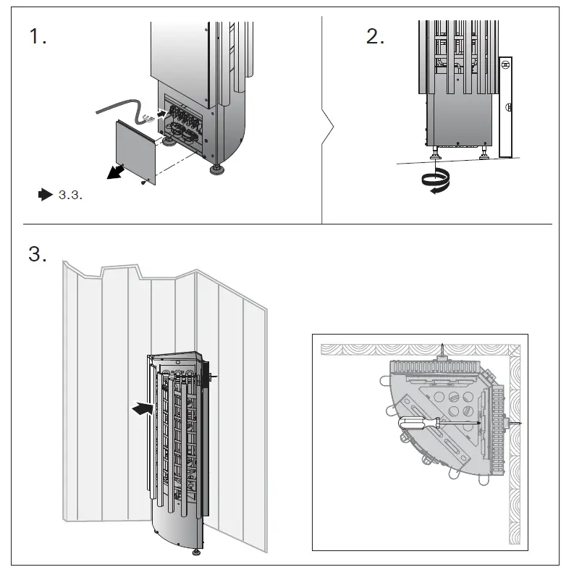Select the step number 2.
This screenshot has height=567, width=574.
(375, 37)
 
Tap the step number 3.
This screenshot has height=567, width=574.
(38, 254)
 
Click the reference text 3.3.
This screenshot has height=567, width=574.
(70, 195)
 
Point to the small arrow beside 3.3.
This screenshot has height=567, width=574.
(45, 194)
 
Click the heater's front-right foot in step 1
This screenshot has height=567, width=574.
(216, 171)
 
